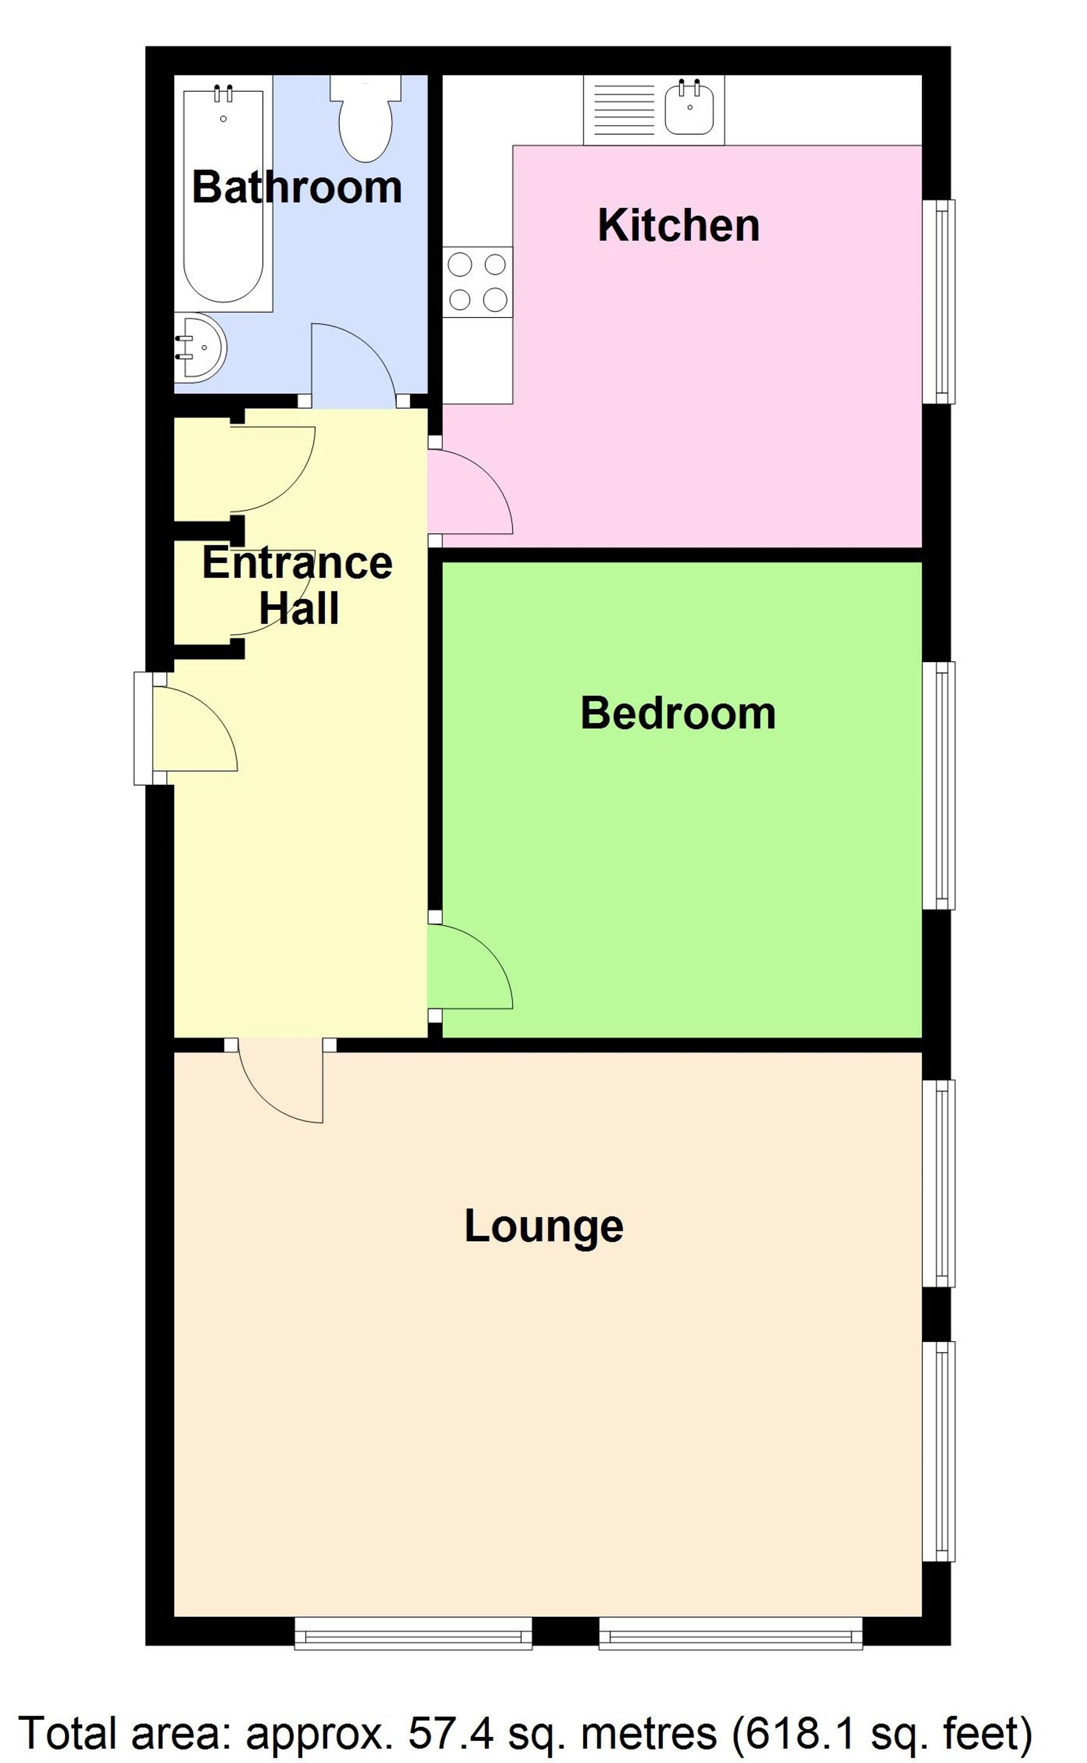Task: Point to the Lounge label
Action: tap(543, 1226)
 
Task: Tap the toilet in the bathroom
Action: tap(365, 119)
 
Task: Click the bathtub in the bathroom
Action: tap(223, 194)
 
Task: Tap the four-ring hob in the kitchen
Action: tap(477, 282)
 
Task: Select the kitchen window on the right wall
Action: tap(939, 301)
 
